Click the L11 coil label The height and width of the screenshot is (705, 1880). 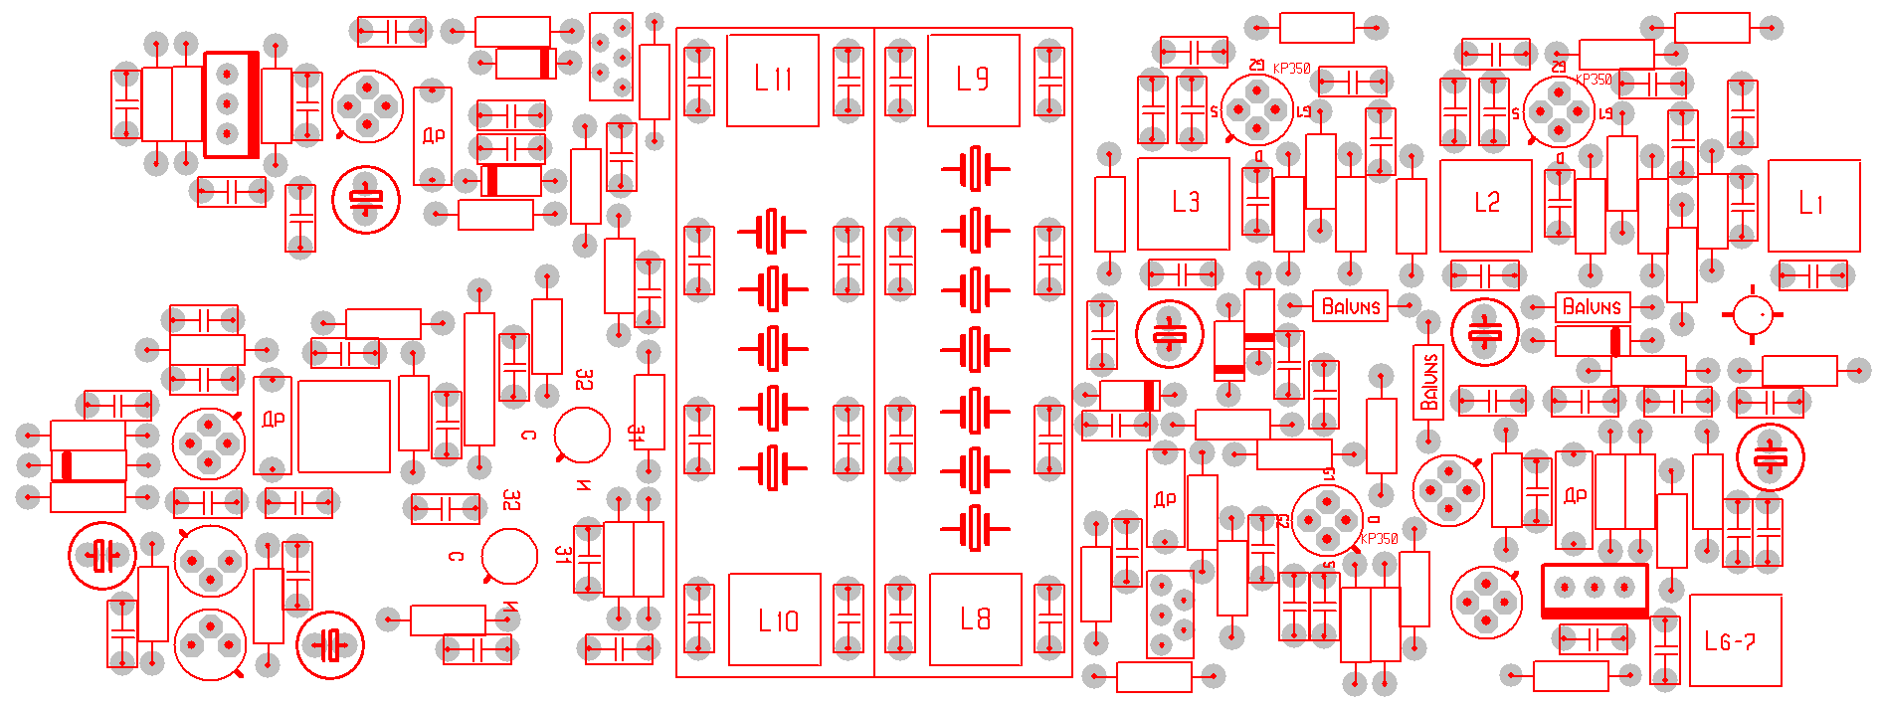[x=773, y=79]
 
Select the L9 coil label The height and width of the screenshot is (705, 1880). [x=973, y=79]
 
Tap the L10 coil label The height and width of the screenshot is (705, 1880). [x=777, y=621]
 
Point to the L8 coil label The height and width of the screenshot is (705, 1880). [x=975, y=618]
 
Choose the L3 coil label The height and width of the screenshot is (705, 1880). [x=1185, y=202]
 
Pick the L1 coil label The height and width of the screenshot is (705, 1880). [x=1811, y=204]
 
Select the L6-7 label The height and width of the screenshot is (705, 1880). [x=1730, y=641]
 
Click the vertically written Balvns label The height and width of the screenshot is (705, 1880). [x=1429, y=382]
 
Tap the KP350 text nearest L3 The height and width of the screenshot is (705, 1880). [x=1292, y=69]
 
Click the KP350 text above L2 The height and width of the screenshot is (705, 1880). [x=1594, y=80]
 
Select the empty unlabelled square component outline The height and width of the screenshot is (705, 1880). [x=344, y=426]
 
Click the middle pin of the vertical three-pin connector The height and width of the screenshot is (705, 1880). [x=228, y=103]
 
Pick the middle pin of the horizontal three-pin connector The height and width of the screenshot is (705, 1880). [x=1595, y=588]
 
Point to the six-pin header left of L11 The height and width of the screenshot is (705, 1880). [x=611, y=57]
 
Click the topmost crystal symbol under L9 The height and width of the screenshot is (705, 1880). [x=976, y=169]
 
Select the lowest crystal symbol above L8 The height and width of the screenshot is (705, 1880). [x=976, y=527]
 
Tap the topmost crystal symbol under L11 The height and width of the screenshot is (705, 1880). [x=773, y=232]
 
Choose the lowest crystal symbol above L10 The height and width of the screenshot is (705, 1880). [x=773, y=466]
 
